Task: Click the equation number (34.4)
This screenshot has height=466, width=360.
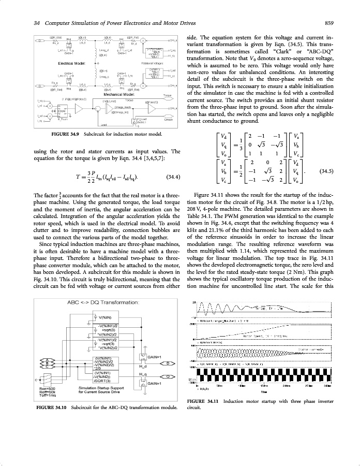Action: (172, 177)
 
